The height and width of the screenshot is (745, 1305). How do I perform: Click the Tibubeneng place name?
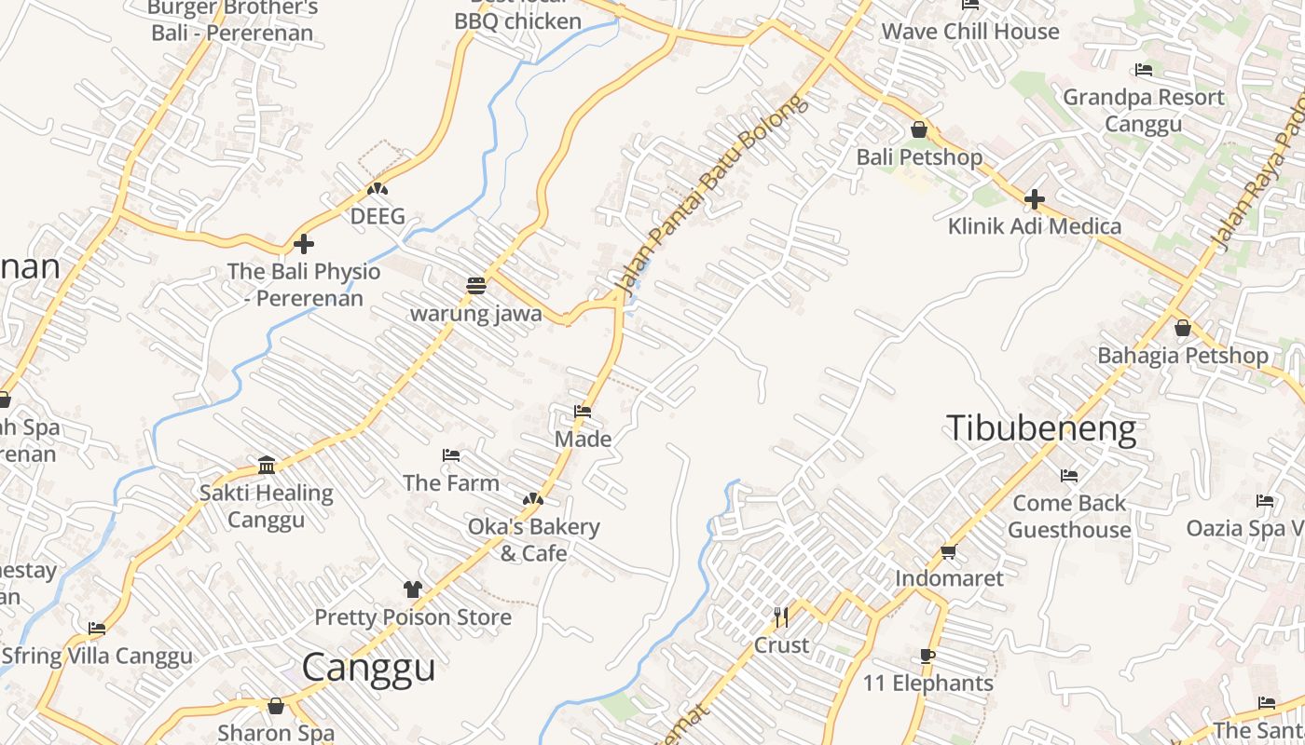tap(1041, 428)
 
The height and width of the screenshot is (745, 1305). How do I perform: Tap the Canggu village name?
tap(369, 668)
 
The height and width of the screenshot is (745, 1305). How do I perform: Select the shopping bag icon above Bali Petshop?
tap(919, 129)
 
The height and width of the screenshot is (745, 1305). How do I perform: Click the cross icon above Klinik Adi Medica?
tap(1034, 198)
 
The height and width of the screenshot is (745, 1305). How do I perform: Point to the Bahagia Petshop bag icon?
tap(1183, 328)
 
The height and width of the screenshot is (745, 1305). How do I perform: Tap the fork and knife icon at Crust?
tap(781, 616)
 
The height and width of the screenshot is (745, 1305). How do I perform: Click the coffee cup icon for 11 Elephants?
tap(927, 656)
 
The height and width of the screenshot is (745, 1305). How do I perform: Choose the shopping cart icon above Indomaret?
tap(949, 551)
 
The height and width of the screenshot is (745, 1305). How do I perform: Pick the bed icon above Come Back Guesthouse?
tap(1069, 476)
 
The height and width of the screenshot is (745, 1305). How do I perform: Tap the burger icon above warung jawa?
tap(476, 285)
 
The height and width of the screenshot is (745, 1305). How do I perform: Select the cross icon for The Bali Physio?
tap(304, 244)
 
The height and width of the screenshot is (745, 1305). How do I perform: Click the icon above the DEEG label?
tap(377, 189)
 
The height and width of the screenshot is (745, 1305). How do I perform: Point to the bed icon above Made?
tap(584, 411)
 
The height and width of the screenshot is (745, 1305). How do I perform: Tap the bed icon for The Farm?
tap(451, 455)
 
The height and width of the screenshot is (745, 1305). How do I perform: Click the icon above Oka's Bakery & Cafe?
tap(532, 500)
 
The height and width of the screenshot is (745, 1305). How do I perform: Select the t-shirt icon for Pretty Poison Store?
tap(413, 589)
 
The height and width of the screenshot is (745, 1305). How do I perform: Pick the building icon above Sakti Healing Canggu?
tap(267, 465)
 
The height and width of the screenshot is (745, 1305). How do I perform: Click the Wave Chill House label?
tap(970, 31)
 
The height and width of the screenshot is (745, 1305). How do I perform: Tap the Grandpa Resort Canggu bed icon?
tap(1144, 70)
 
